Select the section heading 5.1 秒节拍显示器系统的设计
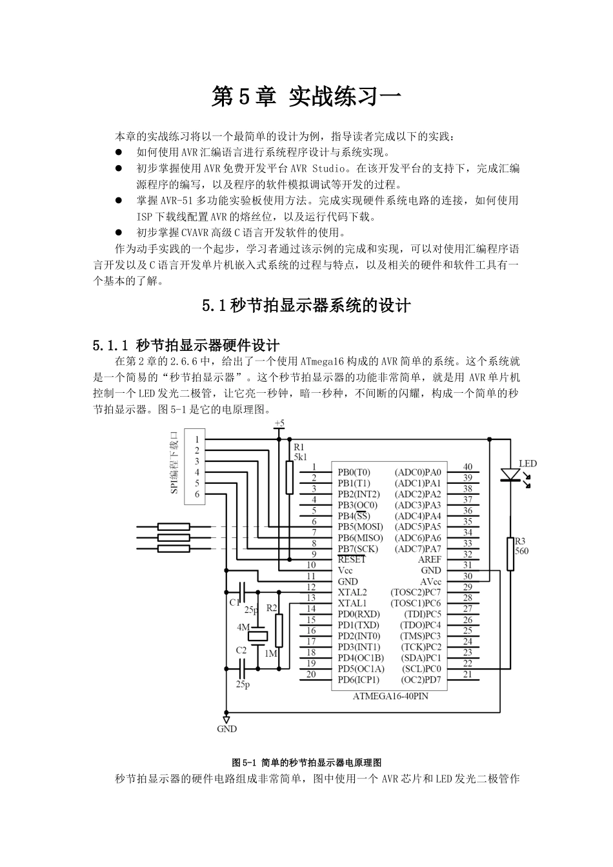[306, 304]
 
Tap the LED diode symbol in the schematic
[510, 475]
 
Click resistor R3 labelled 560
[510, 553]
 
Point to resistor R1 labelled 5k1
[290, 476]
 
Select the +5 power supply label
[279, 424]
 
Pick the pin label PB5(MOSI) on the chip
[359, 527]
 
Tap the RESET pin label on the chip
[352, 560]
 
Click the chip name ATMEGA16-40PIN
[390, 697]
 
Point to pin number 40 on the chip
[468, 467]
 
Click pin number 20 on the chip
[311, 675]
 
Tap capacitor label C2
[241, 651]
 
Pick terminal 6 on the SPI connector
[197, 494]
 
